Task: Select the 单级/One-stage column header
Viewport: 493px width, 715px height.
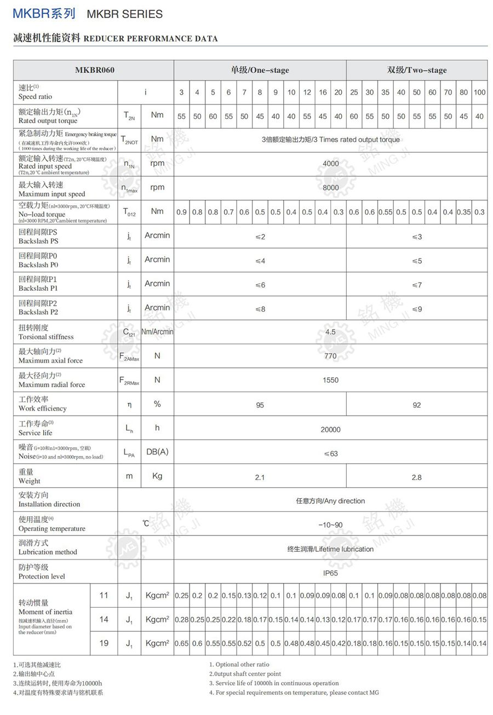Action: [260, 70]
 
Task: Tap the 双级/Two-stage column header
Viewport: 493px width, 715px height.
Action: [416, 70]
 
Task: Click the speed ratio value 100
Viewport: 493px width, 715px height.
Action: [479, 92]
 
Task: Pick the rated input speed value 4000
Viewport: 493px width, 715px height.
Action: [330, 163]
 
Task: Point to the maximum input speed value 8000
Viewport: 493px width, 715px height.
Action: [330, 187]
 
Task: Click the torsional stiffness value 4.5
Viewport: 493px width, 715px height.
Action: [330, 332]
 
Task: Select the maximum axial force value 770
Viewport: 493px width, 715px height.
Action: [330, 356]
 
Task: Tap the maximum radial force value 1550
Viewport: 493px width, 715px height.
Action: [330, 380]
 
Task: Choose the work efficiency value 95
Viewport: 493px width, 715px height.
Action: [260, 405]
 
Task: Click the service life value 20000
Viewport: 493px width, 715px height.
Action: [330, 430]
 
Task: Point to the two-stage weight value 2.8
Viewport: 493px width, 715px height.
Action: [416, 477]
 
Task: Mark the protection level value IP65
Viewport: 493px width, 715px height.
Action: [330, 573]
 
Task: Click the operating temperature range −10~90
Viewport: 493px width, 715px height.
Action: [330, 525]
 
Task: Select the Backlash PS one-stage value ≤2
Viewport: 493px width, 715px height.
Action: [260, 237]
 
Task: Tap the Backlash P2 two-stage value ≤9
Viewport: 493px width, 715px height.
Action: [416, 309]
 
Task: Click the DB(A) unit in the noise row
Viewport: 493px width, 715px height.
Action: [157, 452]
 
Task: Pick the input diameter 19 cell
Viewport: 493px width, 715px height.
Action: [104, 643]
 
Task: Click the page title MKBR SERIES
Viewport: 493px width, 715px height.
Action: [124, 14]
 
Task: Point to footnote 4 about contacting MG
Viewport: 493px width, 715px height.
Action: [294, 693]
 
